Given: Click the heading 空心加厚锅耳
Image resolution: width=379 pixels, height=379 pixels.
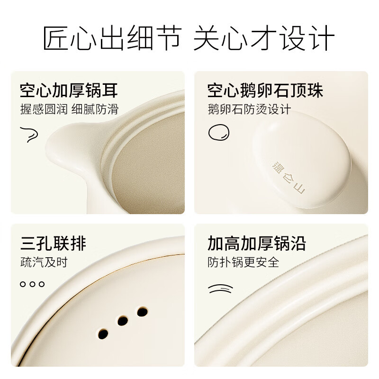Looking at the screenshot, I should [69, 90].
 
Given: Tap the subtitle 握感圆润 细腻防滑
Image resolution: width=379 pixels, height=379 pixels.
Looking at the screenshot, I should [69, 109].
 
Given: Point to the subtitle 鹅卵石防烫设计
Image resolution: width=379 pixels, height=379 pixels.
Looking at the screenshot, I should [249, 109].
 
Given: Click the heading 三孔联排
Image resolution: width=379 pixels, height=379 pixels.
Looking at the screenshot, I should [53, 244].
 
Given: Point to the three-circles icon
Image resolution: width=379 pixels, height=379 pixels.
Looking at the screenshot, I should [32, 284].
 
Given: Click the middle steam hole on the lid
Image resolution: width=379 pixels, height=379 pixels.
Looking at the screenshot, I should [123, 321].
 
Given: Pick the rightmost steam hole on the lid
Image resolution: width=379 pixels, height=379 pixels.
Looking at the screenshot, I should [142, 311].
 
